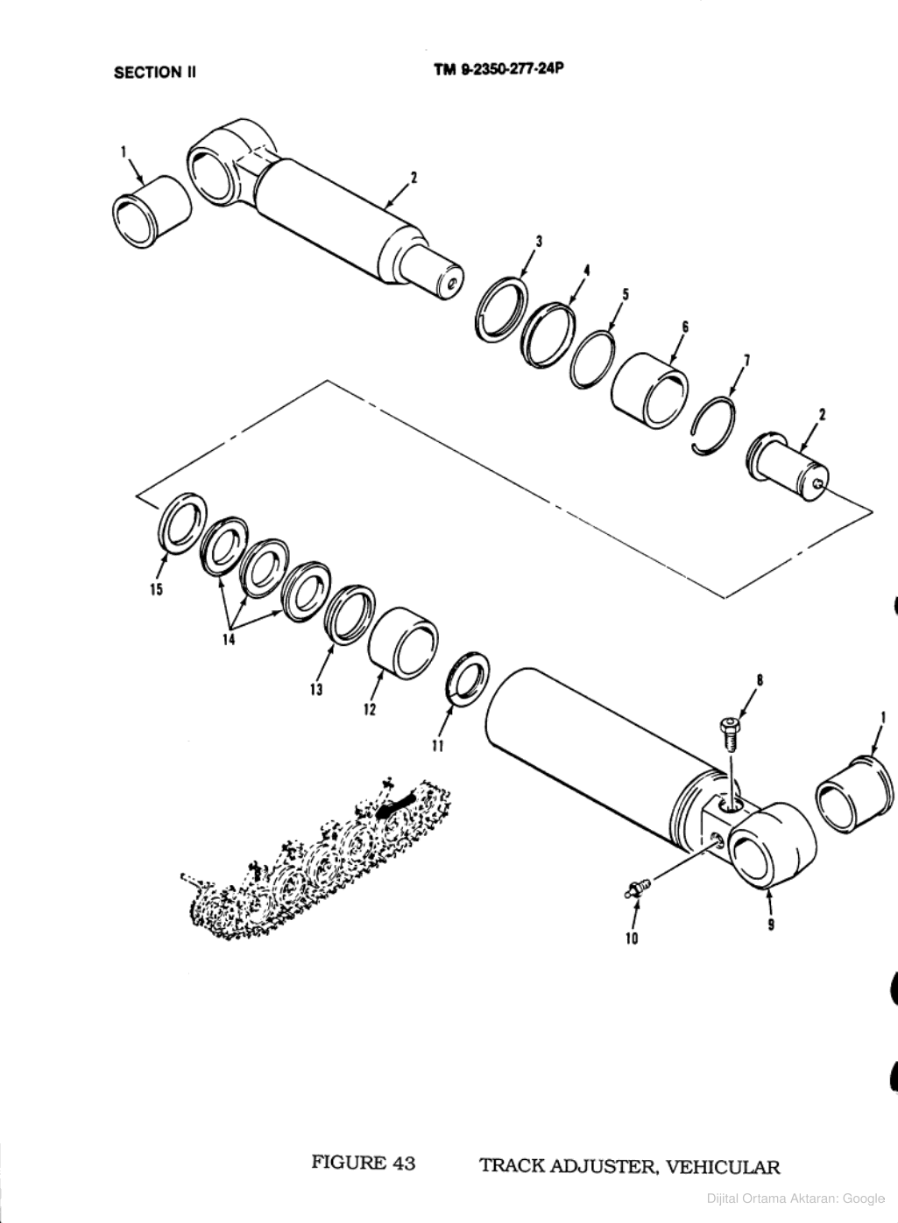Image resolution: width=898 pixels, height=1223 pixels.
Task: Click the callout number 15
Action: click(156, 590)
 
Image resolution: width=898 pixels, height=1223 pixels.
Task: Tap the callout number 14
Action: click(230, 641)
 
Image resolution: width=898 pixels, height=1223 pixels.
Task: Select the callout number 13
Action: click(316, 690)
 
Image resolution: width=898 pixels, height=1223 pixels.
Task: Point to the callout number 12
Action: click(370, 708)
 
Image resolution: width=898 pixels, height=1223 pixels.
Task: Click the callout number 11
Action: click(438, 746)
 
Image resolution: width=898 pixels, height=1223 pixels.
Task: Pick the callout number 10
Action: click(631, 938)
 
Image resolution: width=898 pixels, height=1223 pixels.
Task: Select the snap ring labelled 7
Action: click(716, 426)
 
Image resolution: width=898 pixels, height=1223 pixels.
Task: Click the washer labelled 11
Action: click(465, 681)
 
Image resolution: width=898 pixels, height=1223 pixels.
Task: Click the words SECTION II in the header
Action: click(154, 73)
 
